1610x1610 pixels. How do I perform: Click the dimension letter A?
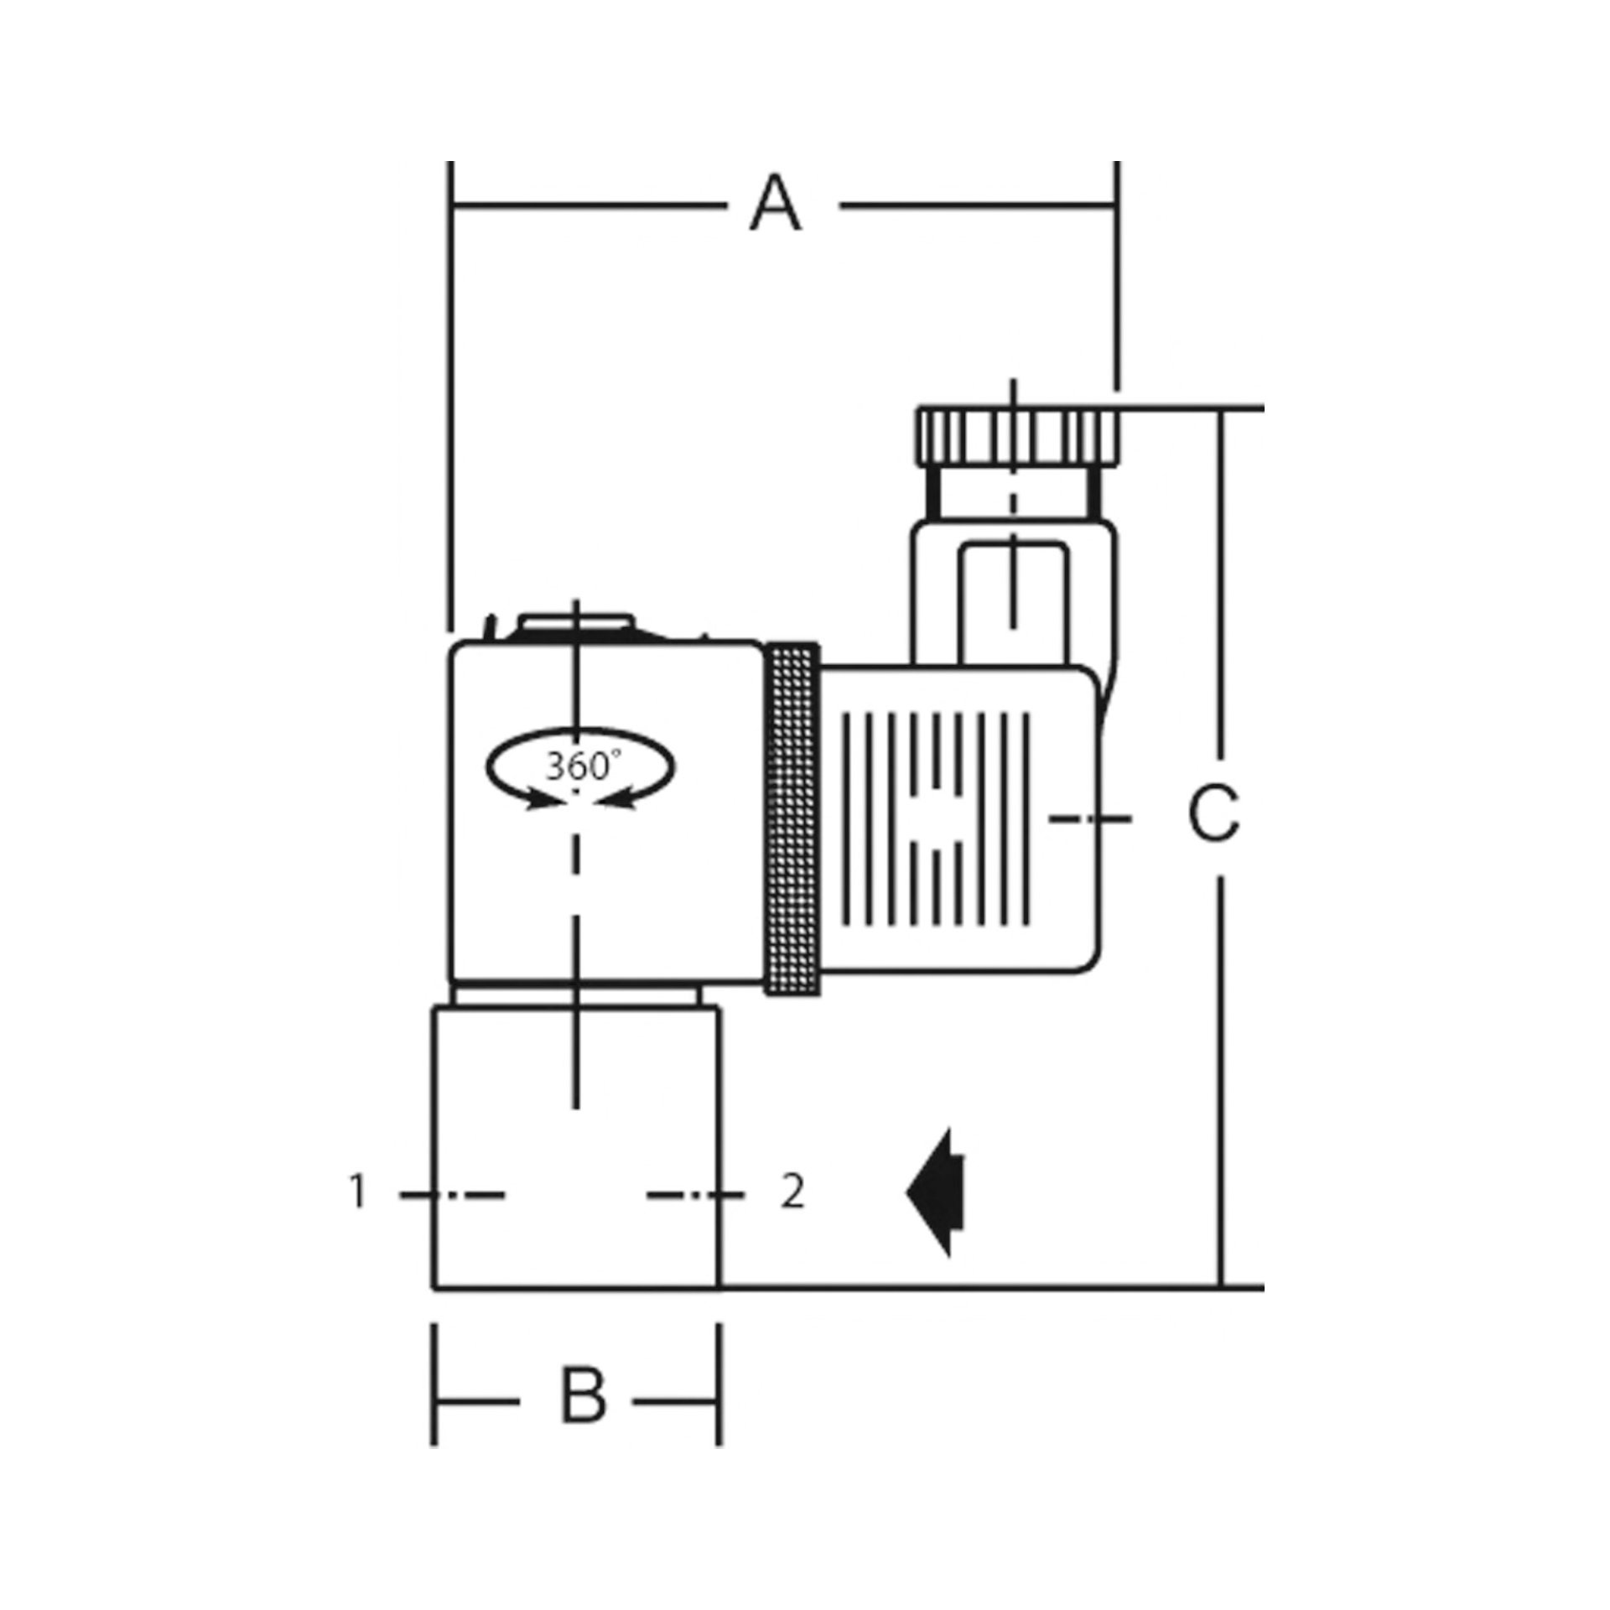pos(776,205)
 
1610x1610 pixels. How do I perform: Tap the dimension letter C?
pos(1213,813)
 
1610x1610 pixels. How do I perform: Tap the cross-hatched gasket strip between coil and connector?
pos(792,819)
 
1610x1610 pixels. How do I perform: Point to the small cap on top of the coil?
pos(574,625)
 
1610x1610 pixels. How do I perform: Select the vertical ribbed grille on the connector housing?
pos(935,819)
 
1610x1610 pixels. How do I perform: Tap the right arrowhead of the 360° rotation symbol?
pos(616,802)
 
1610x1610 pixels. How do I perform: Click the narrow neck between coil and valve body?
pos(576,995)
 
